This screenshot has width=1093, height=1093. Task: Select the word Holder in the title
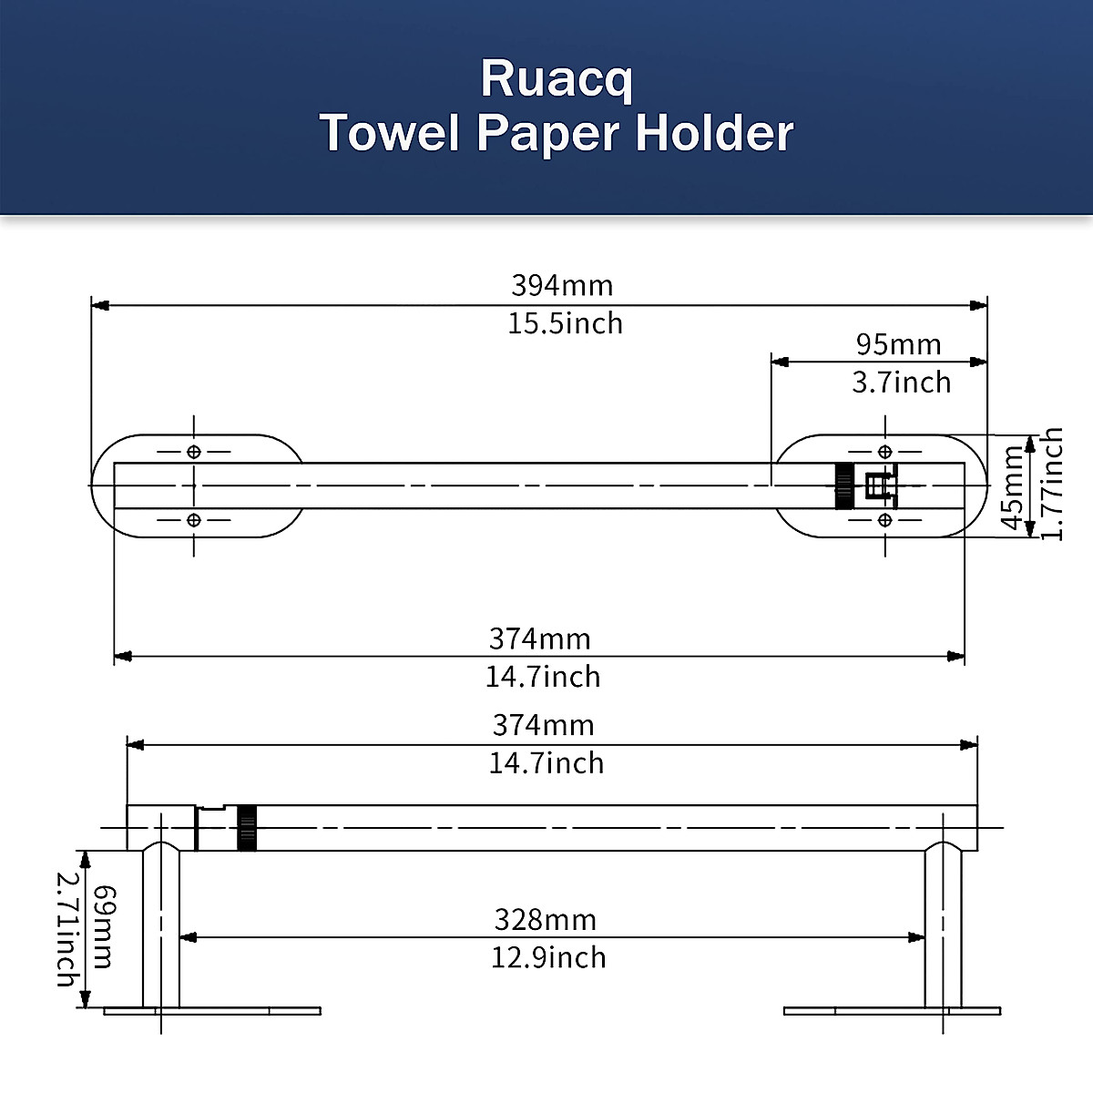714,133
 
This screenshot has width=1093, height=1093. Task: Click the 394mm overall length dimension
562,285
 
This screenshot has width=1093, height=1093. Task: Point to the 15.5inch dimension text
565,323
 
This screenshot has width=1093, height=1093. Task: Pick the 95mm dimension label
898,344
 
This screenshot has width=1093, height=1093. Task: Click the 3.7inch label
901,383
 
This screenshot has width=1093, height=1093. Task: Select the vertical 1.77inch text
1052,485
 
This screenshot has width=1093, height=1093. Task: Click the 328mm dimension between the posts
545,919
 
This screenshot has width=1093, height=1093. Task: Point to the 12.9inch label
548,957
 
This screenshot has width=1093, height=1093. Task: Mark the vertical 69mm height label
104,926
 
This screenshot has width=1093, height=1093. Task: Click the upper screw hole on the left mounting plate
193,452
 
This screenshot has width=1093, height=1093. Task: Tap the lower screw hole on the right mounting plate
884,519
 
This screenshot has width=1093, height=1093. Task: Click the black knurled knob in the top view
844,485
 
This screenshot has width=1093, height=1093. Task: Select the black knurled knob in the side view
246,827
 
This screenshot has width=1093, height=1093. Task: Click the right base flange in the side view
892,1010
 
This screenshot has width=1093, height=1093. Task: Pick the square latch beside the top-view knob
877,486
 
